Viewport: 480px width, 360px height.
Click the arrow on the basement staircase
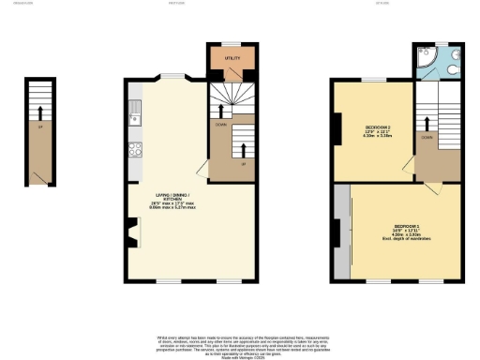pyautogui.click(x=39, y=117)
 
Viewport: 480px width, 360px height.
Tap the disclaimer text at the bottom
pyautogui.click(x=239, y=344)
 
